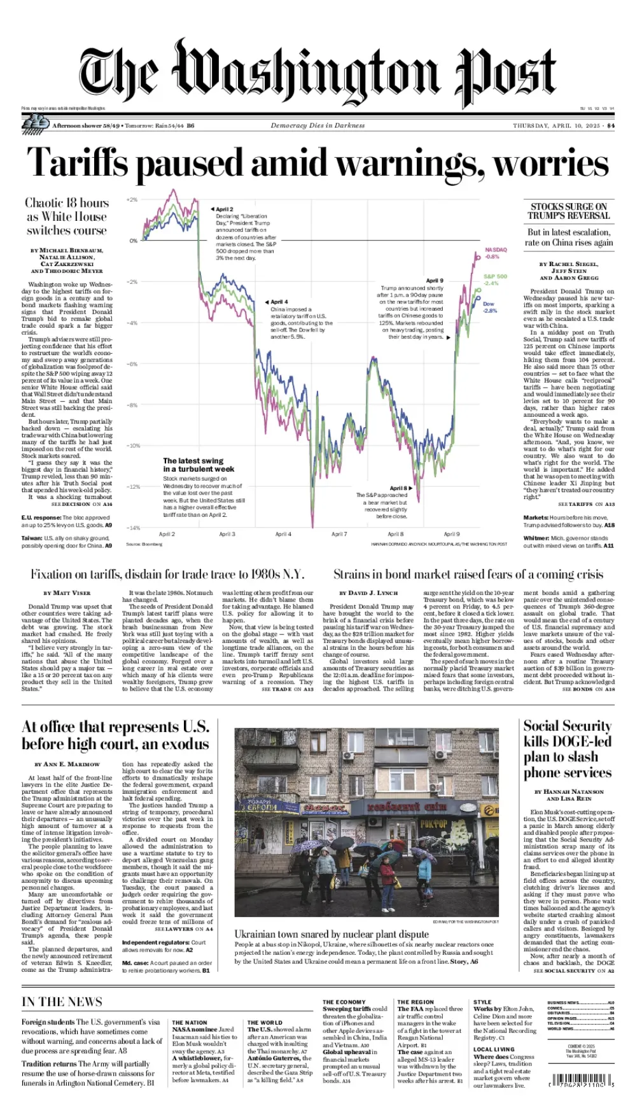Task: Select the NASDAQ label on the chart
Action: click(496, 249)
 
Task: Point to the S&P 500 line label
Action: click(495, 276)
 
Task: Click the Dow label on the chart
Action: click(488, 304)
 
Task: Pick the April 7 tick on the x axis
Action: click(339, 534)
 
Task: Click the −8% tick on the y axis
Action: click(132, 405)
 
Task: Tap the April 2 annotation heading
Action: click(224, 209)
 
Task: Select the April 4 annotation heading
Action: click(279, 302)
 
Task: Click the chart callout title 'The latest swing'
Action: click(193, 460)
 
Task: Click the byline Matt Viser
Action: click(71, 593)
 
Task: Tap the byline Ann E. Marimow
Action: click(67, 764)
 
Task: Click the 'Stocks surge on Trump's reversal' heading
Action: click(568, 211)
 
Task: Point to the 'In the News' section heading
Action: click(62, 1002)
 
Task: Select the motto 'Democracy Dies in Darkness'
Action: click(317, 125)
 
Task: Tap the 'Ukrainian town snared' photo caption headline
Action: click(331, 934)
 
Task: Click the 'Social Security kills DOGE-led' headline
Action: click(568, 748)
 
